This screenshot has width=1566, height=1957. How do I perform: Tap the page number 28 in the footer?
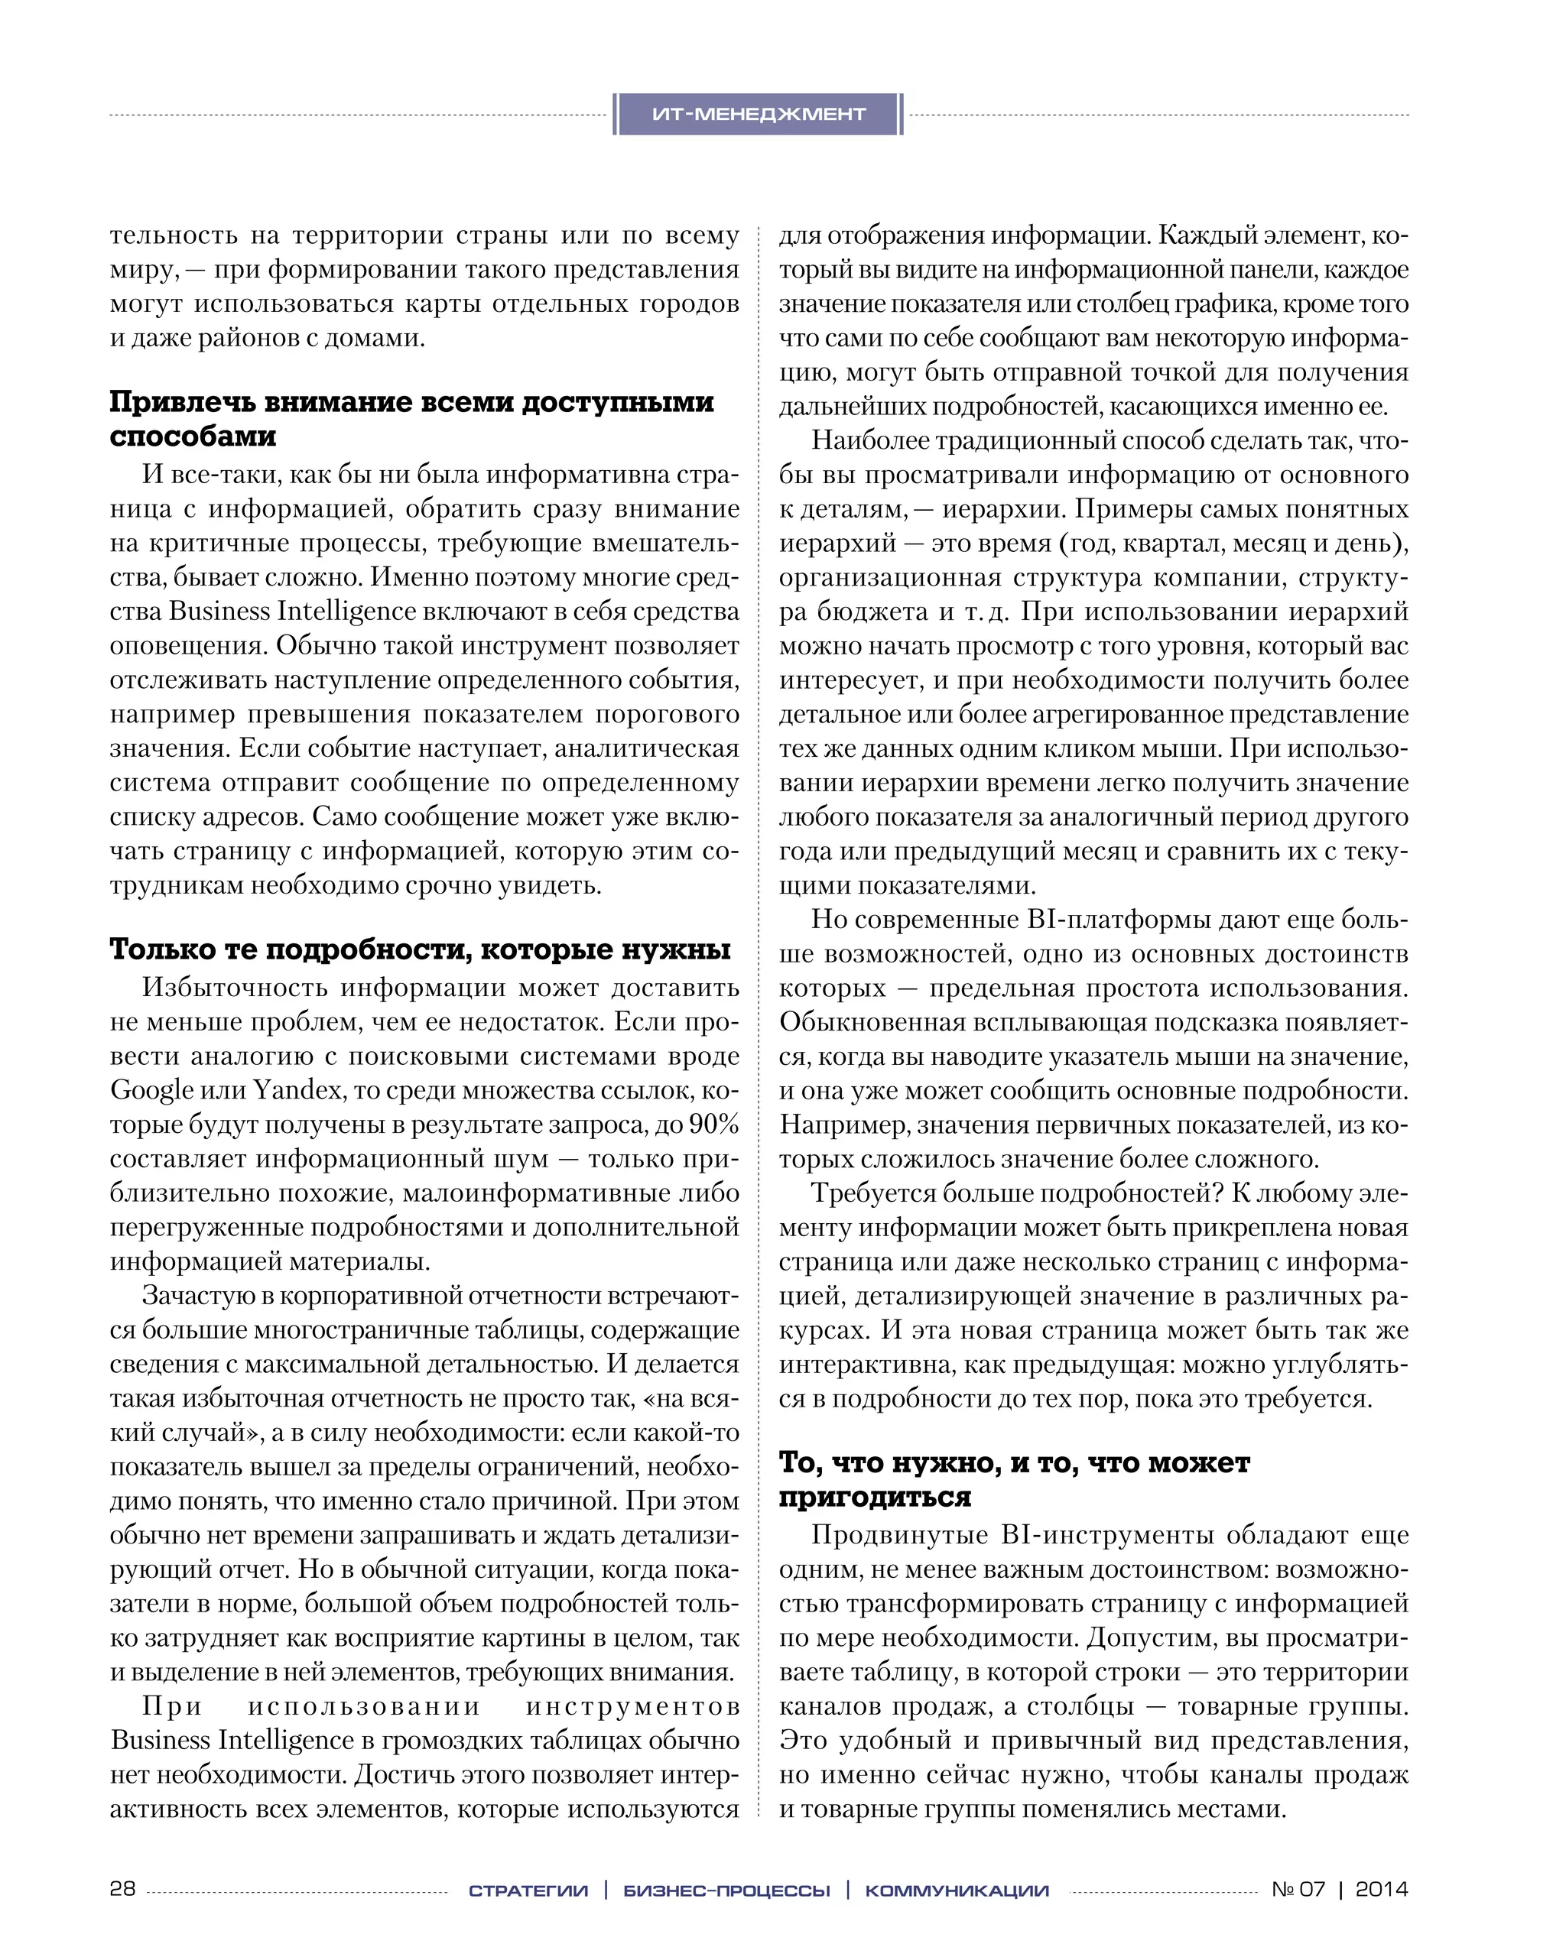click(x=122, y=1889)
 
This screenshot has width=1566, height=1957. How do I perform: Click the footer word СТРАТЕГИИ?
click(x=528, y=1890)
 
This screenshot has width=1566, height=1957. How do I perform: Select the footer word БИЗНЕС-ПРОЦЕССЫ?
click(x=726, y=1890)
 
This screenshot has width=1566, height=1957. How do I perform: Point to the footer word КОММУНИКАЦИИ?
click(x=957, y=1890)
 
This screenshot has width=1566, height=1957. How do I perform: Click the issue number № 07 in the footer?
click(x=1298, y=1889)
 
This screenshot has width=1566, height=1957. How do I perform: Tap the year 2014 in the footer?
click(x=1381, y=1889)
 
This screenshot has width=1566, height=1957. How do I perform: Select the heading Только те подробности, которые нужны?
click(x=421, y=949)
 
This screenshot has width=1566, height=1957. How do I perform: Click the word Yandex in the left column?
click(x=296, y=1090)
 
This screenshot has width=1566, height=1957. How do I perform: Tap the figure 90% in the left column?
click(x=713, y=1125)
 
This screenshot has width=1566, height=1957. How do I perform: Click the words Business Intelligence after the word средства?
click(x=292, y=612)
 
